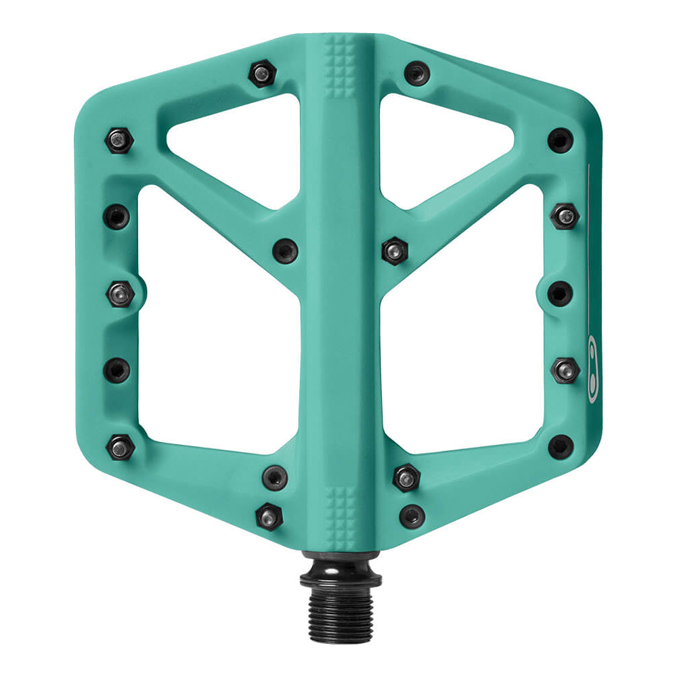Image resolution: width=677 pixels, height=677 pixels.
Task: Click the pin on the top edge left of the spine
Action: pos(261,74)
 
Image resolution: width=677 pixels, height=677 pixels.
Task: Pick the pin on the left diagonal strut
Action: pos(285,250)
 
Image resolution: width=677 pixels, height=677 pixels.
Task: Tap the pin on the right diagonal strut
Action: pos(394,250)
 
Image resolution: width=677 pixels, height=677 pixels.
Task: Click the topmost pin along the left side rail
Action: pos(118,140)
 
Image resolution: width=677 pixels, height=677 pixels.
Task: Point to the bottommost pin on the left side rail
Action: pos(121,447)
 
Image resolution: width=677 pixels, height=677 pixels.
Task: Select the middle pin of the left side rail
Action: pos(120,294)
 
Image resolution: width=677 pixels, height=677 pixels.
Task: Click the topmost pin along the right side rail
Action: pos(560,140)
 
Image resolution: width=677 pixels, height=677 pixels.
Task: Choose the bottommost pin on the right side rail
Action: pos(560,447)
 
